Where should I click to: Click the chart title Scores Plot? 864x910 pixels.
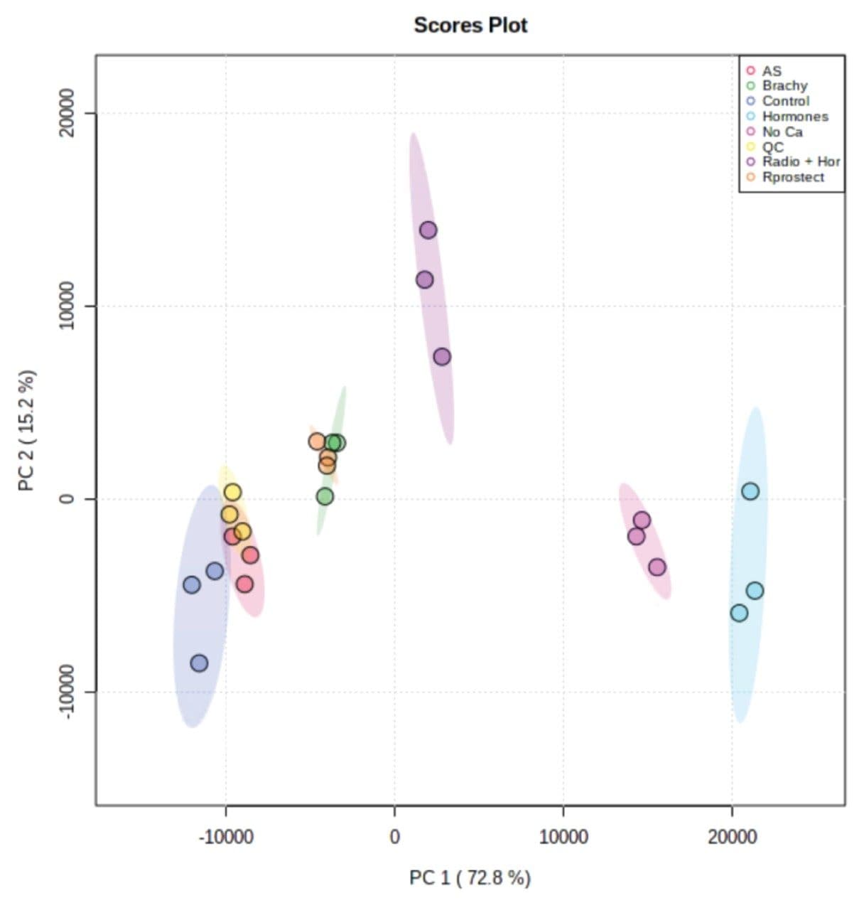(x=470, y=26)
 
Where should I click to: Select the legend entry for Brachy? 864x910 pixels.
(x=784, y=86)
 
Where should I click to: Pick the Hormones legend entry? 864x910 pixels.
(x=794, y=117)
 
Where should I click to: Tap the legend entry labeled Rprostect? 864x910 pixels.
(x=793, y=178)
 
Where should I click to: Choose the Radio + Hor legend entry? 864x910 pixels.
(x=801, y=162)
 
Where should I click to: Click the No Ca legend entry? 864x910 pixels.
(x=782, y=132)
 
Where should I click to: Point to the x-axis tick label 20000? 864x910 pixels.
(x=732, y=837)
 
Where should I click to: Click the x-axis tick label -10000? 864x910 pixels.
(x=226, y=837)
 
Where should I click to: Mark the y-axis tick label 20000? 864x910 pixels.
(x=67, y=113)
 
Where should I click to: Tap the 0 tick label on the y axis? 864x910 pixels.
(x=67, y=498)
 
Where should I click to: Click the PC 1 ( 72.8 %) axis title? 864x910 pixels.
(x=470, y=878)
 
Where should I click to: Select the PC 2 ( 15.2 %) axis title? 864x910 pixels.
(x=27, y=431)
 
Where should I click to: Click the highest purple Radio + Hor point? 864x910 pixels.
(x=428, y=230)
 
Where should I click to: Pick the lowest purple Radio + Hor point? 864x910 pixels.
(x=442, y=357)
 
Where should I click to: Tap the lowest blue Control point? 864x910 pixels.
(x=199, y=663)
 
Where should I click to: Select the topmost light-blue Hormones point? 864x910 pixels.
(x=750, y=491)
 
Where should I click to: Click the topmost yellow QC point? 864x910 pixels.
(x=232, y=492)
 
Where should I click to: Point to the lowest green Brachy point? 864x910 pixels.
(x=325, y=497)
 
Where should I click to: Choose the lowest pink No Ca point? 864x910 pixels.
(x=657, y=567)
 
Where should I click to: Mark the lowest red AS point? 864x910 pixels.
(x=244, y=584)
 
